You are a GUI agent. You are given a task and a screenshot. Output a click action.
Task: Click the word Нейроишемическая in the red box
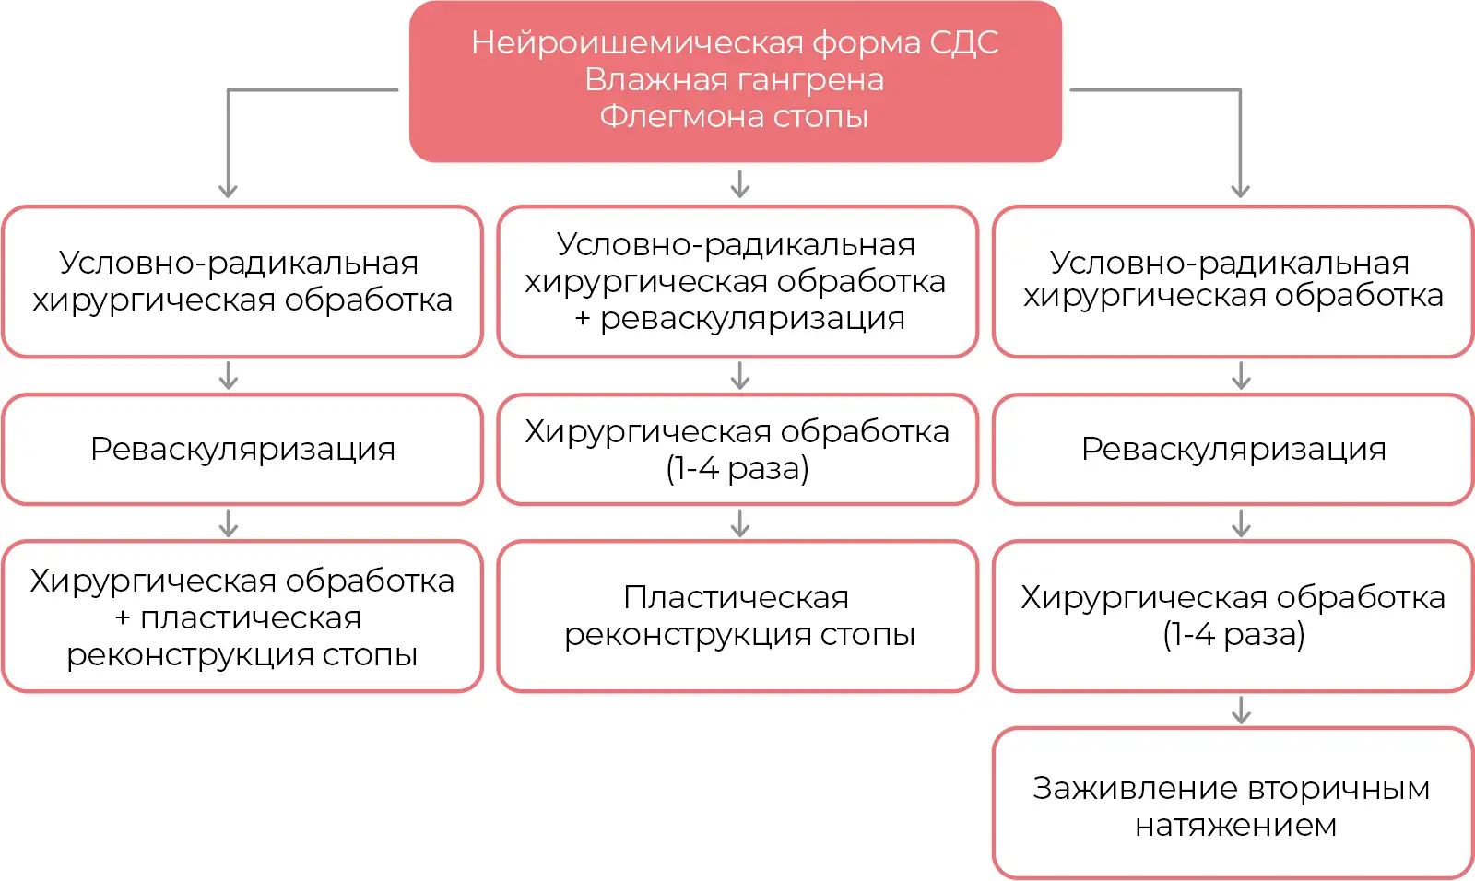[x=637, y=42]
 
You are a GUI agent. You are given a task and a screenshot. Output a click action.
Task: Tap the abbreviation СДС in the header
[x=964, y=42]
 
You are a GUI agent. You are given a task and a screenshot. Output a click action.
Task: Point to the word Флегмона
[x=681, y=116]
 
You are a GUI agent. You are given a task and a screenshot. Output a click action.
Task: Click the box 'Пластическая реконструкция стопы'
[x=737, y=617]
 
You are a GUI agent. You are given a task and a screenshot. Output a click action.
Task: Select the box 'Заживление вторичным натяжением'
[x=1233, y=804]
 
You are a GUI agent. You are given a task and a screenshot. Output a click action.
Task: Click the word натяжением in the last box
[x=1235, y=825]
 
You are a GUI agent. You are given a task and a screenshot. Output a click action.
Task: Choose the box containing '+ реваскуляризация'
[x=737, y=282]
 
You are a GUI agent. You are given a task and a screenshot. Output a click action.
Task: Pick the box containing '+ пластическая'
[x=242, y=617]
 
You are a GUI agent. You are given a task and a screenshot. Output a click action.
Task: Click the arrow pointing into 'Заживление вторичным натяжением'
[x=1241, y=710]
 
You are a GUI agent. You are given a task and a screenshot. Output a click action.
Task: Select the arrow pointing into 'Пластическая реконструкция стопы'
[x=740, y=523]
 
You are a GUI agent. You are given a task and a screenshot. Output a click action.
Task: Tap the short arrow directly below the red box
[x=740, y=183]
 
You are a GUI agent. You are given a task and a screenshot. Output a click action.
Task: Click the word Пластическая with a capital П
[x=736, y=598]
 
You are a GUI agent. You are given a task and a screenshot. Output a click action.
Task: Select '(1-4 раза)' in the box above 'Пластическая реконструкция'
[x=737, y=469]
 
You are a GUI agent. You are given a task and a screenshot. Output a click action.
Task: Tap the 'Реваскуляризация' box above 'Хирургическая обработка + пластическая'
[x=242, y=450]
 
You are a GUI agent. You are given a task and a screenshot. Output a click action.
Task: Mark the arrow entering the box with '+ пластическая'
[x=229, y=523]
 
